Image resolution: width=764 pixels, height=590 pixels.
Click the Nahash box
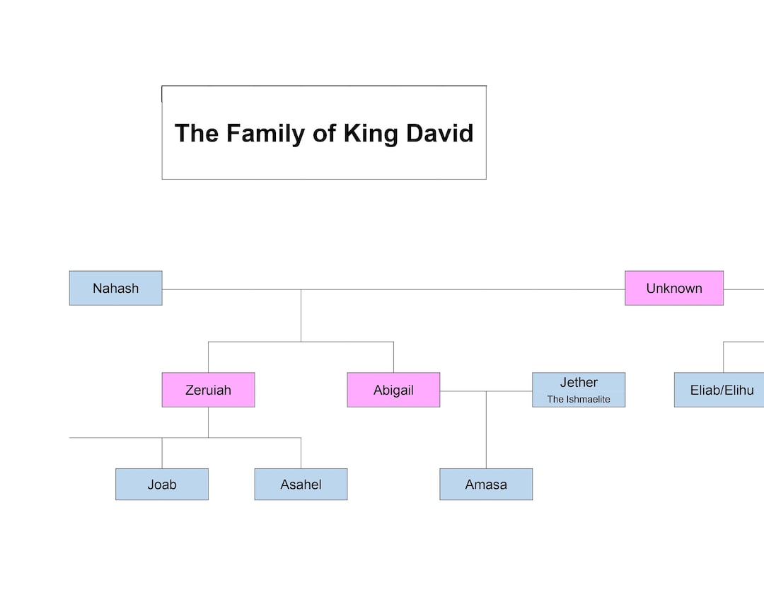[115, 288]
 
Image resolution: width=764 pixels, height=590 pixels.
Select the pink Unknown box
[673, 288]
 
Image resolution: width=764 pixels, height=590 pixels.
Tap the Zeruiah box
[208, 390]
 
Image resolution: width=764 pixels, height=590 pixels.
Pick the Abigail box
[393, 390]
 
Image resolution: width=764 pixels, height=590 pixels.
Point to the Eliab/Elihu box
[721, 390]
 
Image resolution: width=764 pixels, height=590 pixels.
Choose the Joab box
[162, 485]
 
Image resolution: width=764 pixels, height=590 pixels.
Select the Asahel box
[301, 485]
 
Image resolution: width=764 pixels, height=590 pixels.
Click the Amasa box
[486, 485]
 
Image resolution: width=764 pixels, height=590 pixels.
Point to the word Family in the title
[268, 133]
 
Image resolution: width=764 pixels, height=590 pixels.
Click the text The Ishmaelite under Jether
[579, 400]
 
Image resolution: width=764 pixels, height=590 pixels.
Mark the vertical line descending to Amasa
[486, 432]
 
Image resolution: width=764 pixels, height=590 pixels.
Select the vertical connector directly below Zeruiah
[208, 422]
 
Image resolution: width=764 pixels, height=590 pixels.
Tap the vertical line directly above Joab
[162, 453]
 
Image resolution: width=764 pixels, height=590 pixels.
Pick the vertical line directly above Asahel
[301, 453]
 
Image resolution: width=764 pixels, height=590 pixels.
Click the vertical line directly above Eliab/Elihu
[723, 357]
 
